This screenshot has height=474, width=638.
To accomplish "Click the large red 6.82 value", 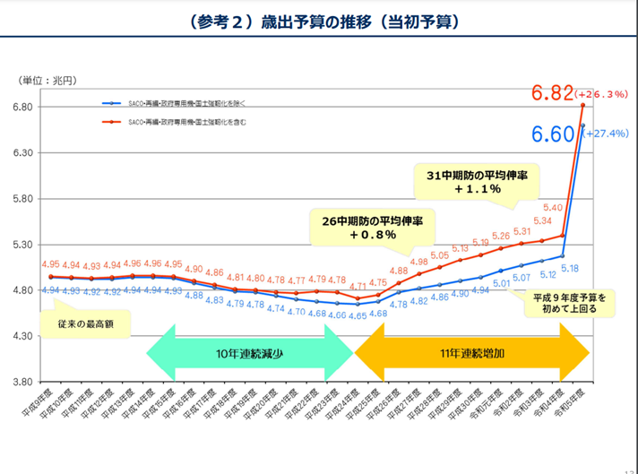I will click(x=550, y=93).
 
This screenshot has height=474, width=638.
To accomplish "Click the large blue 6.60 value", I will click(x=553, y=134).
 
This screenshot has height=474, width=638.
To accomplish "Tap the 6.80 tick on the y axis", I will click(x=22, y=108).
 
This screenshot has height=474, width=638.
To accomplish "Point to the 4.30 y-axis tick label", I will click(x=22, y=336).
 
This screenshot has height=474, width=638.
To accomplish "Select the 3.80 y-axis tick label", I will click(x=22, y=382).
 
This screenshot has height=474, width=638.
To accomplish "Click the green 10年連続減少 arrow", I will click(x=250, y=353).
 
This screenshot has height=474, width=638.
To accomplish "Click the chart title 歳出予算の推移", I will click(x=320, y=21).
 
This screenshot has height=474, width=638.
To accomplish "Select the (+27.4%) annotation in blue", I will click(x=608, y=133).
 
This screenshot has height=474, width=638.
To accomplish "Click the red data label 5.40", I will click(x=553, y=208).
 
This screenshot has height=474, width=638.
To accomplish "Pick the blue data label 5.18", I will click(x=568, y=268).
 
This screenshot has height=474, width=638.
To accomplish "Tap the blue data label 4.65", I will click(x=356, y=315).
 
